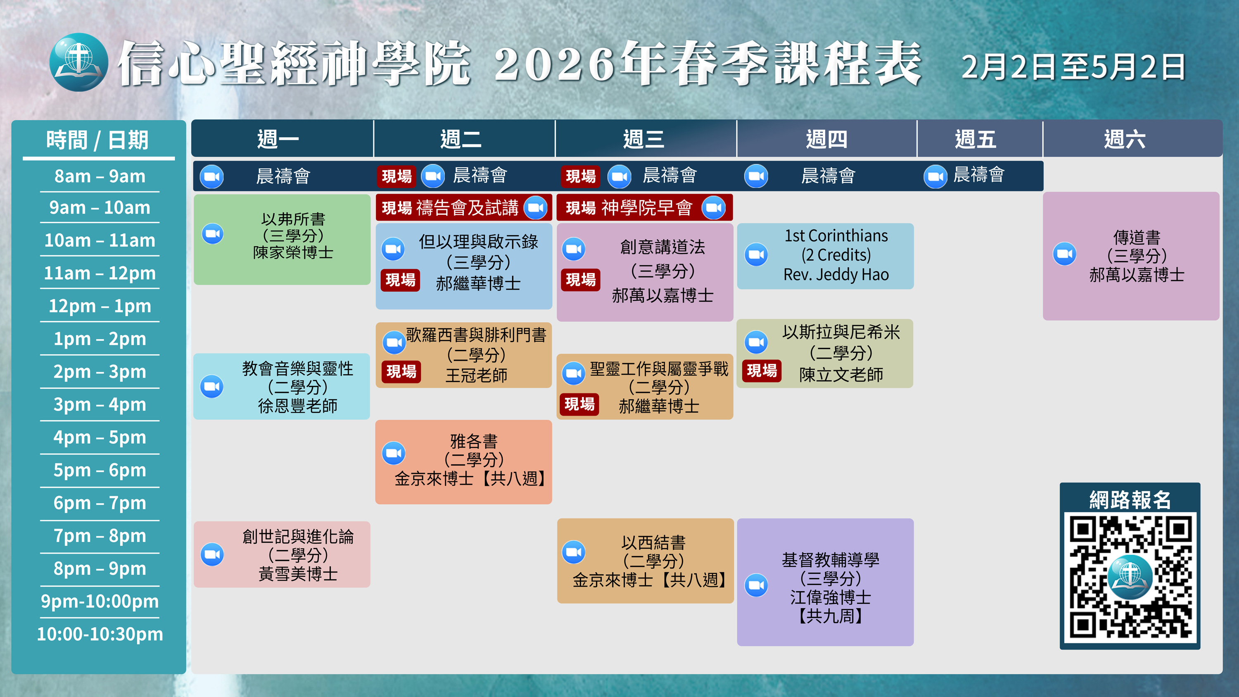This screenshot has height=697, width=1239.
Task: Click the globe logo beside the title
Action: pyautogui.click(x=79, y=62)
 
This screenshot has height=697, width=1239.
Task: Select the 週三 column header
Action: pyautogui.click(x=644, y=139)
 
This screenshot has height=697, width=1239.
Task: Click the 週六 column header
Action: pyautogui.click(x=1125, y=139)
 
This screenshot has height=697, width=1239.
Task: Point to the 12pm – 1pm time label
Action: pyautogui.click(x=100, y=306)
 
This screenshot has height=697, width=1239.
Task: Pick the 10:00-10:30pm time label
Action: pyautogui.click(x=100, y=634)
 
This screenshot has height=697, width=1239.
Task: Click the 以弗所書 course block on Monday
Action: pyautogui.click(x=282, y=239)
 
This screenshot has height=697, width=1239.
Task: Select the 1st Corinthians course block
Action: pyautogui.click(x=825, y=256)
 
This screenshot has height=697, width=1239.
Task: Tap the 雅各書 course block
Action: pyautogui.click(x=464, y=462)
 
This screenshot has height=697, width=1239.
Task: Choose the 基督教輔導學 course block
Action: pyautogui.click(x=825, y=582)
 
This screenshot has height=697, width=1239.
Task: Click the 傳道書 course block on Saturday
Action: pyautogui.click(x=1131, y=256)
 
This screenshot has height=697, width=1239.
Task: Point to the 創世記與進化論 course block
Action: pyautogui.click(x=282, y=554)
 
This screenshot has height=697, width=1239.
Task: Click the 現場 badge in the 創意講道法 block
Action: pyautogui.click(x=581, y=279)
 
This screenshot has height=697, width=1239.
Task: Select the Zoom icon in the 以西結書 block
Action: pyautogui.click(x=574, y=552)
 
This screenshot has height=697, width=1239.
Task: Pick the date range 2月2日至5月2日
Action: pyautogui.click(x=1073, y=67)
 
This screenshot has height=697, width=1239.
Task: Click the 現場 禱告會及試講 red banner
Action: pyautogui.click(x=464, y=207)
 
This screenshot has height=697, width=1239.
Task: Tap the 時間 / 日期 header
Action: pyautogui.click(x=97, y=140)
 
